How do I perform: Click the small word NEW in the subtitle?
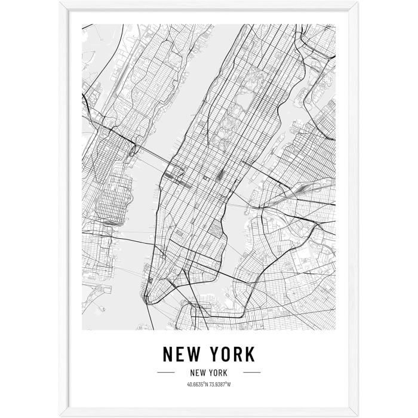[x=197, y=372]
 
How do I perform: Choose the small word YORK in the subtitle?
[x=217, y=372]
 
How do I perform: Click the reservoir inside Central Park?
[x=244, y=99]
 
